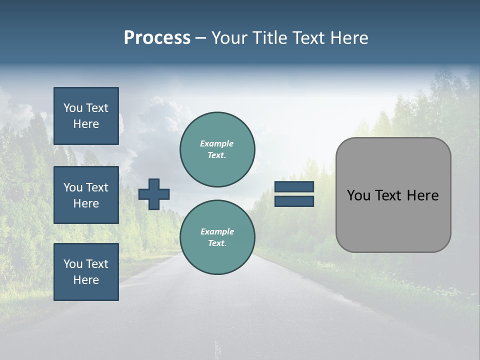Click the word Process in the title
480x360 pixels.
click(157, 38)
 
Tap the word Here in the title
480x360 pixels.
click(348, 38)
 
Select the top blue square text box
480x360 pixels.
click(86, 116)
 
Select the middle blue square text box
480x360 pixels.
click(86, 195)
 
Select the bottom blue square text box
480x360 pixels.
click(86, 272)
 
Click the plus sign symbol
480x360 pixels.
click(154, 194)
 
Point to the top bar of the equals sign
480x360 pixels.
click(294, 186)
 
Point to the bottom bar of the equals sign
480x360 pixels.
click(294, 201)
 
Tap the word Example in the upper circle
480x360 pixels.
click(217, 143)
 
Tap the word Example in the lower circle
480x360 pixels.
click(217, 231)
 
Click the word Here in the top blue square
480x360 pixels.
click(86, 124)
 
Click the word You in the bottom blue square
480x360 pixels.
click(73, 264)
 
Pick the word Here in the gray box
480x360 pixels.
click(423, 195)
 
